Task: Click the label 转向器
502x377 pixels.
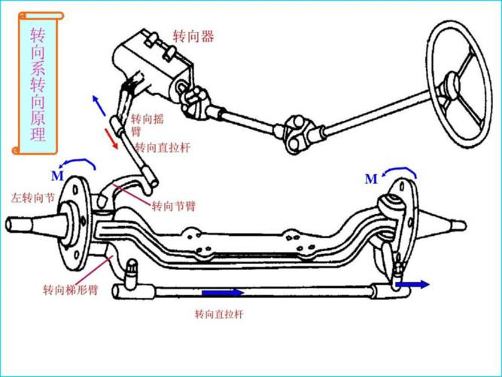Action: tap(193, 36)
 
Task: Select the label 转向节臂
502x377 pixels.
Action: tap(173, 206)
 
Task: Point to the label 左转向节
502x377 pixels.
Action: tap(32, 198)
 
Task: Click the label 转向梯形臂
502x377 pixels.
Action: tap(70, 290)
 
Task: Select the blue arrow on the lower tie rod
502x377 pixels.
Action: tap(222, 293)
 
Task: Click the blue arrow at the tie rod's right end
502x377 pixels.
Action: tap(414, 285)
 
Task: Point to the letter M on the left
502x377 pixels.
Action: tap(57, 176)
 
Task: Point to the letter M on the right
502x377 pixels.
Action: tap(370, 179)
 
